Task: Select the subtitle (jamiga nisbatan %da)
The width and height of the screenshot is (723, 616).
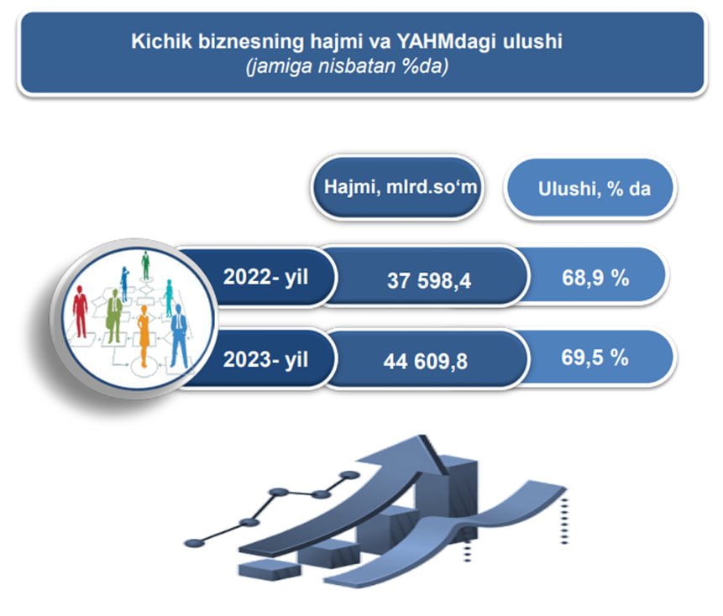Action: point(347,66)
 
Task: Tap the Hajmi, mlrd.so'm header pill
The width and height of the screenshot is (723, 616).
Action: point(397,187)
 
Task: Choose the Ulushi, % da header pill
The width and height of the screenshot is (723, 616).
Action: point(590,188)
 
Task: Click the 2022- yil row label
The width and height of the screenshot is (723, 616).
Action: point(265,277)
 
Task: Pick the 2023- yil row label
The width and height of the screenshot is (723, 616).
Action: point(265,360)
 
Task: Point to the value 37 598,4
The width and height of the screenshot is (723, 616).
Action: point(429,280)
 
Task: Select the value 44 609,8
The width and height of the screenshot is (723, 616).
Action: point(426,362)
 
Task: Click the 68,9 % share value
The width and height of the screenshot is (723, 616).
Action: point(595,278)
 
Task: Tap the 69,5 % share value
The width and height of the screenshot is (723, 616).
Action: point(595,358)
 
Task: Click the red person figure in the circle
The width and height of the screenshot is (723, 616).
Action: point(81,311)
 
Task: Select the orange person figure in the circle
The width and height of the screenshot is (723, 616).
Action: point(144,336)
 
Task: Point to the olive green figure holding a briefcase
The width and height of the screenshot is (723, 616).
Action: point(114,316)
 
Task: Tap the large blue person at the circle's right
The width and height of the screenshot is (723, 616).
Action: point(179,336)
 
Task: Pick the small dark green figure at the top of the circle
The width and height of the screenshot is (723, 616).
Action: point(146,266)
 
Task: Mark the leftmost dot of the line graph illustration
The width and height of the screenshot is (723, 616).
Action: point(194,543)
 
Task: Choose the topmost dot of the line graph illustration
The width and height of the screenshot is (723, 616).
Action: point(349,475)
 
